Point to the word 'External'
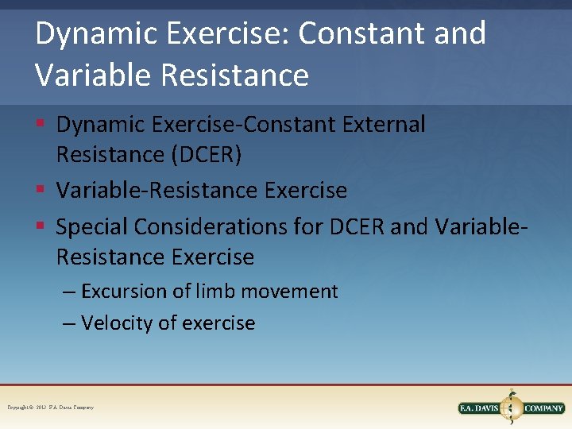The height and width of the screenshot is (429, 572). [380, 125]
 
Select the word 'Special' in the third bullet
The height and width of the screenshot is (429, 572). [91, 227]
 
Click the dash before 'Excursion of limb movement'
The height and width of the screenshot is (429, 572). [69, 292]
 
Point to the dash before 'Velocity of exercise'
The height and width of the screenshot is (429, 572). [69, 324]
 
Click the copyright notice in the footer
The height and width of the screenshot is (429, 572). [51, 408]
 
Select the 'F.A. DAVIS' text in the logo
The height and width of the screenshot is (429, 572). [480, 408]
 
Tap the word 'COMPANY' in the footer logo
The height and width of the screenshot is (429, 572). [543, 408]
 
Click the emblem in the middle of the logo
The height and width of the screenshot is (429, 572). [512, 407]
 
